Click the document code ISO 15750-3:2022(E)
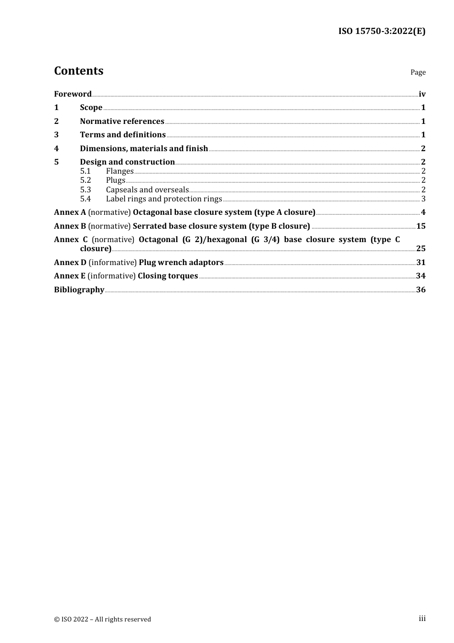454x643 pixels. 382,31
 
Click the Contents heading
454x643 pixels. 78,71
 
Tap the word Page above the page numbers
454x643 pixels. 418,72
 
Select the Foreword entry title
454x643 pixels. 73,94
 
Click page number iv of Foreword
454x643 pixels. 422,94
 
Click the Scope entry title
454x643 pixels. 91,108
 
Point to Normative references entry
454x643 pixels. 122,122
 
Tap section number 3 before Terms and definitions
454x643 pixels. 56,135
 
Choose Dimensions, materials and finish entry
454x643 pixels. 144,149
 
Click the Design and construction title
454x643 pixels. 127,162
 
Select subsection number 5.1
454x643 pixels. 86,171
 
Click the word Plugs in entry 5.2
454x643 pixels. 116,180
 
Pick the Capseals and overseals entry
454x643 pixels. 147,190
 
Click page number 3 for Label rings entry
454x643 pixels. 423,199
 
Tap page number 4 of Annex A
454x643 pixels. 423,212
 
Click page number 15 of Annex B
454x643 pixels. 421,226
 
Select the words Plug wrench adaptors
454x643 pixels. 181,263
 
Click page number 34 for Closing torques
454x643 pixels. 421,276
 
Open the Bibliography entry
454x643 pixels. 79,290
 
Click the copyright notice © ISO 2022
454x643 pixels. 102,620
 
